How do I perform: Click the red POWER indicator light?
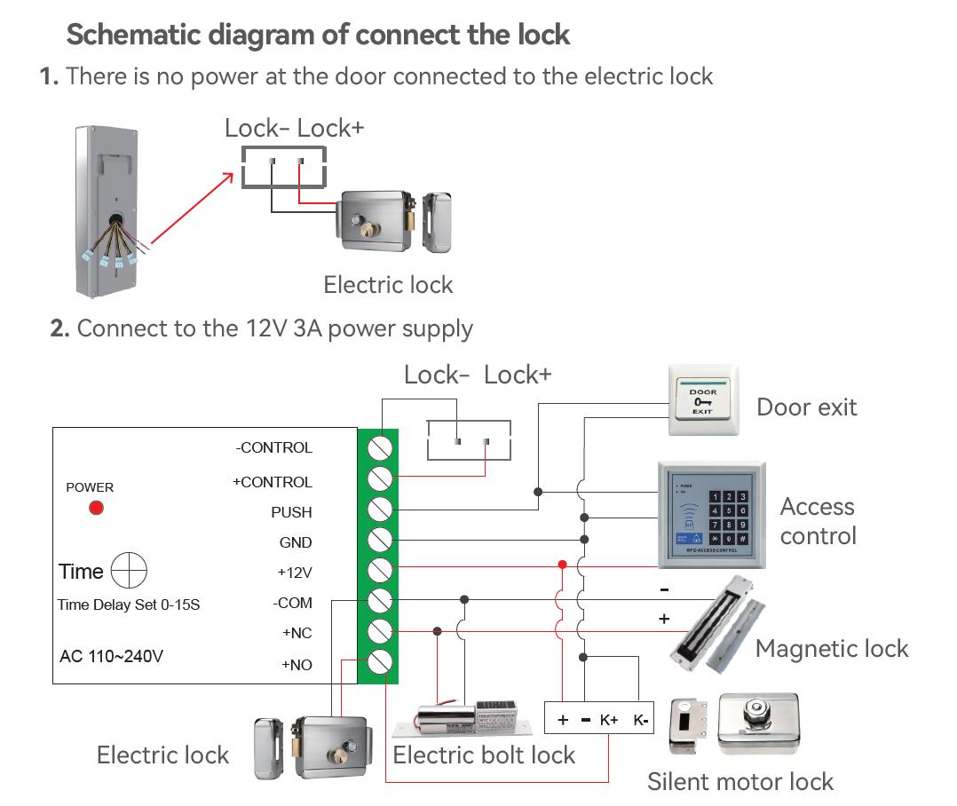click(96, 508)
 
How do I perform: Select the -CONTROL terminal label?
click(273, 447)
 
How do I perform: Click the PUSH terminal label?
click(291, 512)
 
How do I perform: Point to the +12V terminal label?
click(295, 573)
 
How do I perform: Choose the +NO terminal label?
click(297, 665)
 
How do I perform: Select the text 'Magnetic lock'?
click(832, 649)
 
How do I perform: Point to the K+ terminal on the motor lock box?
click(609, 720)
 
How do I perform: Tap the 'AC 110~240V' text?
click(111, 658)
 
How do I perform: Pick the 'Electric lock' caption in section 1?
click(388, 285)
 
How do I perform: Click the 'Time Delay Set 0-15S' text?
click(129, 605)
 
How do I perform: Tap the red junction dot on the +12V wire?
click(562, 565)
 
